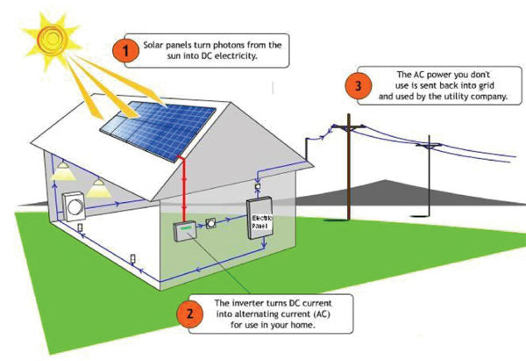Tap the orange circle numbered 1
(x=127, y=50)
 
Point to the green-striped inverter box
(x=182, y=231)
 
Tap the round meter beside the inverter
(x=211, y=224)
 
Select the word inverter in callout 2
(x=239, y=303)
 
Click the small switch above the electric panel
(x=257, y=186)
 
